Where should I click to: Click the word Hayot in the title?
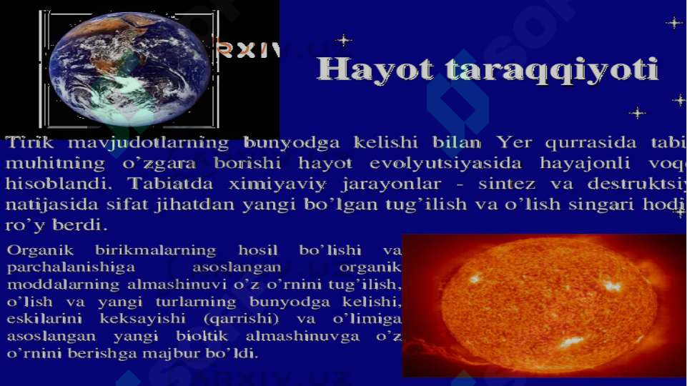pyautogui.click(x=375, y=71)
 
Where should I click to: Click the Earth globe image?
pyautogui.click(x=129, y=69)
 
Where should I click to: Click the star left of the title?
pyautogui.click(x=344, y=40)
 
